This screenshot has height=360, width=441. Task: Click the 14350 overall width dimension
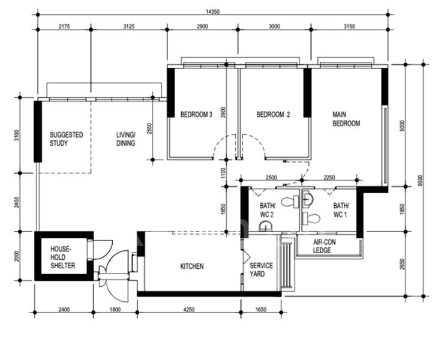point(212,11)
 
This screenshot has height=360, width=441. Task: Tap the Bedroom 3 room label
point(196,115)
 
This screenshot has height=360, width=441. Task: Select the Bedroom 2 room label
point(273,115)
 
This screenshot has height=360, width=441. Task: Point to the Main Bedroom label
point(346,119)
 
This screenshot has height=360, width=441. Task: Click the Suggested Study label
point(67,139)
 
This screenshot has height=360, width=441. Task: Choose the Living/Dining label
point(126,139)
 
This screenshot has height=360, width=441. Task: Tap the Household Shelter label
point(63,257)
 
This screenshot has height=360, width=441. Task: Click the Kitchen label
point(192,266)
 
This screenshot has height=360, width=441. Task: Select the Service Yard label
point(261,270)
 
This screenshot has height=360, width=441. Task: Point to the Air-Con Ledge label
point(324,246)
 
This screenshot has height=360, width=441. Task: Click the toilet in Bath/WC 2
point(290,202)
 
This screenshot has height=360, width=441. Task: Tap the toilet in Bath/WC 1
point(311,218)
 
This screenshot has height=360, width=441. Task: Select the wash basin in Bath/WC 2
point(266,226)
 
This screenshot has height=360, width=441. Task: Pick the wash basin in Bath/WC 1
point(307,198)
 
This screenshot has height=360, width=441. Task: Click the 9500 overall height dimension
point(420,181)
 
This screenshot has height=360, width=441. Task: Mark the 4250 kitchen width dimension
point(189,310)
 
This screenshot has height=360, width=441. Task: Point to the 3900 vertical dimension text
point(223,112)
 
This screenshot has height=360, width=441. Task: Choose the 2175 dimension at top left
point(64,26)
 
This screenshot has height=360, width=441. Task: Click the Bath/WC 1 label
point(341,210)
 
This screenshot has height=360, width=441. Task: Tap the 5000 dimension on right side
point(402,126)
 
